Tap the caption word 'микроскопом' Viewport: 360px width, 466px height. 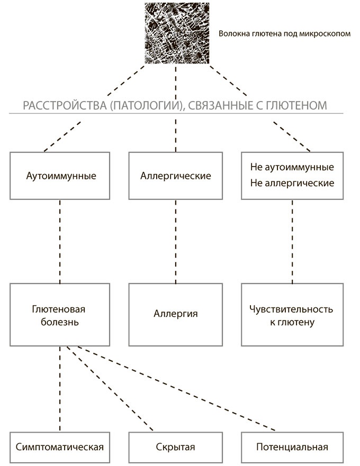[x=327, y=34]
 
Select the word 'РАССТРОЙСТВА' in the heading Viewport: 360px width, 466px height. [x=58, y=106]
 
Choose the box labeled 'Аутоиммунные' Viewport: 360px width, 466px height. [x=61, y=176]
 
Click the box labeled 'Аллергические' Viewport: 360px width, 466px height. [x=176, y=176]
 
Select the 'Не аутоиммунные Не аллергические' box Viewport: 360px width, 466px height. [x=292, y=176]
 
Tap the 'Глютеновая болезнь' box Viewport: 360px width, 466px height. [x=61, y=314]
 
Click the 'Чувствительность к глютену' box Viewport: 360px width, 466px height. [x=292, y=314]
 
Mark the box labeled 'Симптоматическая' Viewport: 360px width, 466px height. [x=61, y=447]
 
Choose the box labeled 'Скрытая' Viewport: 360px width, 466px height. [x=176, y=447]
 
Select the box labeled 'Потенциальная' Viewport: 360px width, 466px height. [x=292, y=447]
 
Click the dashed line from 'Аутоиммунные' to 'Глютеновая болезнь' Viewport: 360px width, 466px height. [x=60, y=241]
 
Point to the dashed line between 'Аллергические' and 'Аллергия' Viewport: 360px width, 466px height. [x=175, y=241]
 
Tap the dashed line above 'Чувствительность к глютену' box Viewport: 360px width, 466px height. [x=292, y=241]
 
